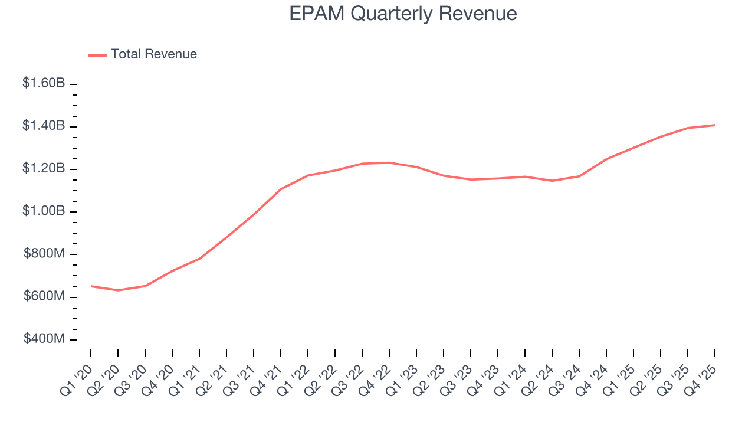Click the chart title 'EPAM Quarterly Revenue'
pyautogui.click(x=403, y=14)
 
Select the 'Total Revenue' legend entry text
pyautogui.click(x=153, y=54)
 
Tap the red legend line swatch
pyautogui.click(x=97, y=55)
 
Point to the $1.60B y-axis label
pyautogui.click(x=44, y=83)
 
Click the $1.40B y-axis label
pyautogui.click(x=44, y=126)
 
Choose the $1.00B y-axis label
pyautogui.click(x=44, y=211)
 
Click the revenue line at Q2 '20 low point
pyautogui.click(x=118, y=290)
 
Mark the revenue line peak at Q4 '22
pyautogui.click(x=389, y=162)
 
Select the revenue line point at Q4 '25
pyautogui.click(x=715, y=125)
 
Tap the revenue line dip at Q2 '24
pyautogui.click(x=552, y=181)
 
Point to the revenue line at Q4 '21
pyautogui.click(x=281, y=189)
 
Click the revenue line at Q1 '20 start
pyautogui.click(x=91, y=286)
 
